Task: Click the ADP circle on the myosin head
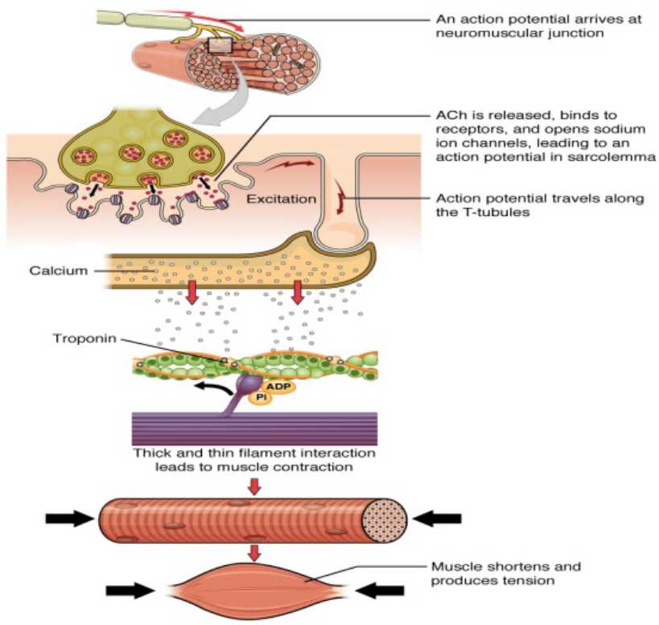[x=276, y=386]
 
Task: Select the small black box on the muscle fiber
[x=220, y=46]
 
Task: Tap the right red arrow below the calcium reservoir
[x=298, y=294]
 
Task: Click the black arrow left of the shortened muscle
[x=130, y=590]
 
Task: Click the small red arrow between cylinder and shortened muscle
[x=253, y=553]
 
